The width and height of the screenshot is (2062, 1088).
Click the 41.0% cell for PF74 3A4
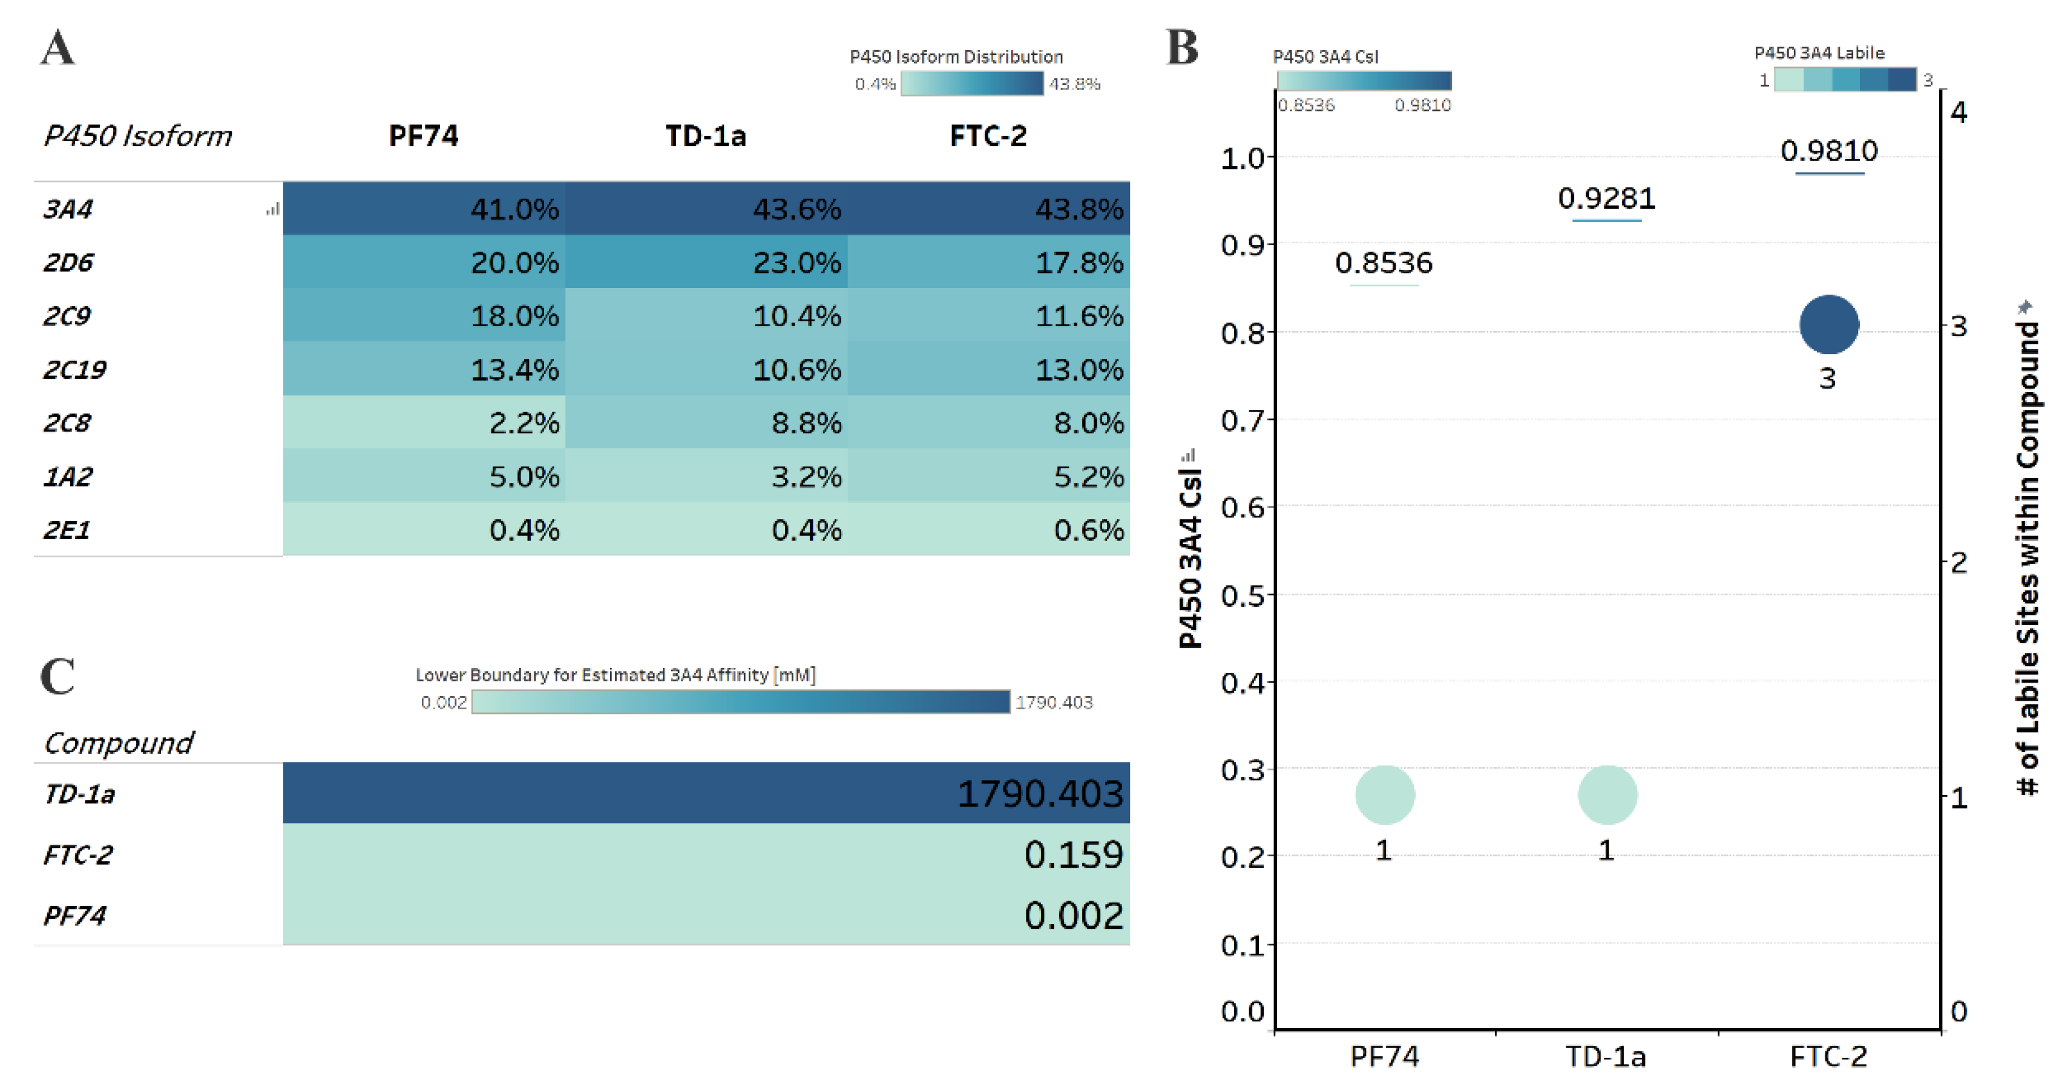[x=424, y=208]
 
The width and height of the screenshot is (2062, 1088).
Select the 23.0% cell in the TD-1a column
[x=706, y=262]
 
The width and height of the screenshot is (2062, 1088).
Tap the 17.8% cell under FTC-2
[x=988, y=262]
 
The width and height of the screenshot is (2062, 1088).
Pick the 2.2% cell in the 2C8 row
[x=424, y=422]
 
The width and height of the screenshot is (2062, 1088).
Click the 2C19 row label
[x=74, y=369]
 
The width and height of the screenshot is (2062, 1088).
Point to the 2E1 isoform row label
[x=67, y=529]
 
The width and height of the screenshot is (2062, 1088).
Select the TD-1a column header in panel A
[x=705, y=136]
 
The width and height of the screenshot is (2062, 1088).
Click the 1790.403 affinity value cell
[x=706, y=793]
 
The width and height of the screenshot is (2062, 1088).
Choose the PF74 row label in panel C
[x=74, y=914]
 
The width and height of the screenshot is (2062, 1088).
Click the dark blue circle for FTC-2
[x=1828, y=324]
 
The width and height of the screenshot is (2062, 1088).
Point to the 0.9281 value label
[x=1606, y=198]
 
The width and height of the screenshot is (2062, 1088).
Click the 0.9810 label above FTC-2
[x=1828, y=151]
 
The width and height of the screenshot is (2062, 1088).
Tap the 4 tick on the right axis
[x=1958, y=111]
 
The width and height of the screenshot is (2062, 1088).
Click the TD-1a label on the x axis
[x=1606, y=1057]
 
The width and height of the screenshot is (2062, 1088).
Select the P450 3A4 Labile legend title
[x=1819, y=53]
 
